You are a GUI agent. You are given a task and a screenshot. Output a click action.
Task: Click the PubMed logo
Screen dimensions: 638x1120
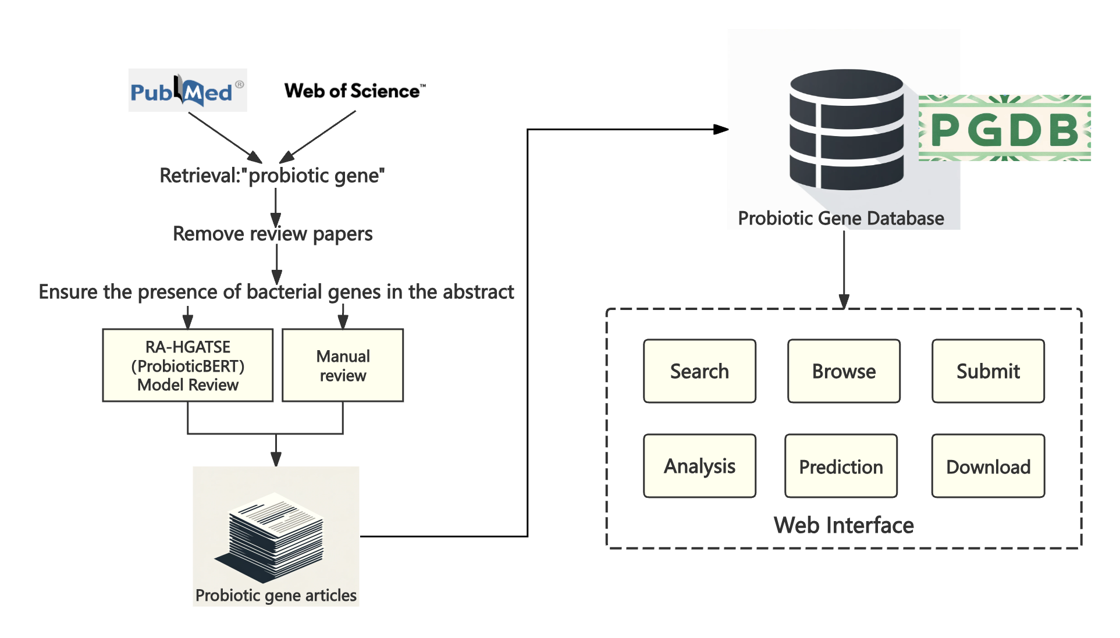[187, 91]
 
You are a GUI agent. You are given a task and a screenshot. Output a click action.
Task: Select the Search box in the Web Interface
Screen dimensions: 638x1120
[699, 371]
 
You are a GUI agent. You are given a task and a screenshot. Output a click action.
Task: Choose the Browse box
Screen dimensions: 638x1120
[844, 371]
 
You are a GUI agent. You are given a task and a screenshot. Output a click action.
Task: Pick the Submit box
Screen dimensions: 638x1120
[988, 371]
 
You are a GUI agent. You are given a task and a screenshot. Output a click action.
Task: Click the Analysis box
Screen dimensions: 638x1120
[699, 466]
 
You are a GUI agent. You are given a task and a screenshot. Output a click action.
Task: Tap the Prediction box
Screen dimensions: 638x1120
[841, 466]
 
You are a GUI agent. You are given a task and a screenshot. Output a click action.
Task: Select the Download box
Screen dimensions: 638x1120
[988, 466]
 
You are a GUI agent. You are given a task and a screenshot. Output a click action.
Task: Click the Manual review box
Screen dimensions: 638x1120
[343, 365]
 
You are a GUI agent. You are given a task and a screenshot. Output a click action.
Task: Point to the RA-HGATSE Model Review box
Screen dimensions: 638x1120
[187, 365]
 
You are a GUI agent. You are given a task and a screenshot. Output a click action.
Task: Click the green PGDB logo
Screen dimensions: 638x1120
[1004, 129]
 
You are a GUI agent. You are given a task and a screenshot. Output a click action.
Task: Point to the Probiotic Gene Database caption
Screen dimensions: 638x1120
[841, 218]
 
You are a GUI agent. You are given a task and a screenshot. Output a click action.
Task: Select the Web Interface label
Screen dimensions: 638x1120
[844, 525]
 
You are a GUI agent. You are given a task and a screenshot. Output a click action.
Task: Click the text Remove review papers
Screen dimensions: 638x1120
[272, 234]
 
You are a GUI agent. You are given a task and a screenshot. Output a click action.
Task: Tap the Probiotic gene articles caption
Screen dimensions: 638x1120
[276, 596]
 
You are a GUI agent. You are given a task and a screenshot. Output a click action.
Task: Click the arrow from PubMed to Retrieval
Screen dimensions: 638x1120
[225, 137]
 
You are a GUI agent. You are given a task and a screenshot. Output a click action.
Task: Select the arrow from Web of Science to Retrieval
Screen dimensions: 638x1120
[318, 137]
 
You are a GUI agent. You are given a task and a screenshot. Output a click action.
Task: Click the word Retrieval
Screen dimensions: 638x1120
[200, 176]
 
